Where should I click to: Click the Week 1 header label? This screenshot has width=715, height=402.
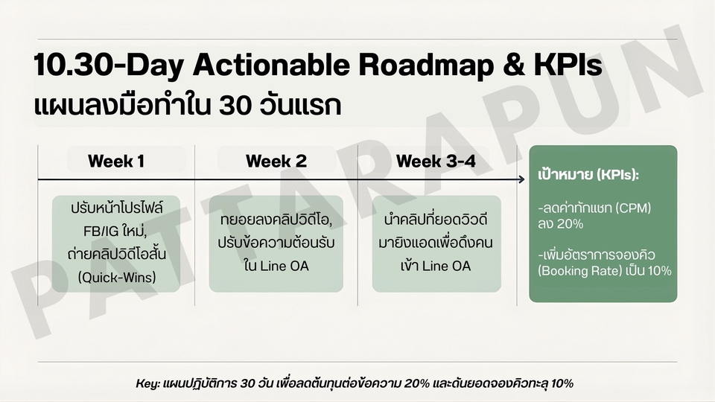point(116,161)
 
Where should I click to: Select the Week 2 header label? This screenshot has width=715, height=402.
point(276,161)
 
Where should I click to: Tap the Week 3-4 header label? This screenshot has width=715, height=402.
point(436,161)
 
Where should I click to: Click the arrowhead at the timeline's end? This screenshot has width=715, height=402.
point(521,179)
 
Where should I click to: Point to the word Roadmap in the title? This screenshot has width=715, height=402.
point(426,66)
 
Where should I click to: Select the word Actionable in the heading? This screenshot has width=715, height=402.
point(271,65)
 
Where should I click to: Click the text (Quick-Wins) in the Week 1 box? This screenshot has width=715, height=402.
point(117,277)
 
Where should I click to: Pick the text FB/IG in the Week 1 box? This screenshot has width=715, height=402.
point(101,232)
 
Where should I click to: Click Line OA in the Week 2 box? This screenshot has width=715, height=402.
point(285,267)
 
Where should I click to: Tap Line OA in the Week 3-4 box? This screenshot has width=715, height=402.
point(446,267)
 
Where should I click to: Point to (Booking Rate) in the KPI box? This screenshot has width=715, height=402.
point(580,271)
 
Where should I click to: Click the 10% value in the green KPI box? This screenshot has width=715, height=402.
point(659,271)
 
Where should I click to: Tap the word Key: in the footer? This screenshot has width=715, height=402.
point(147,384)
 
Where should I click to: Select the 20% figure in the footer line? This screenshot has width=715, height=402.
point(417,383)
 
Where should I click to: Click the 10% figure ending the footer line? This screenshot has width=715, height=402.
point(562,383)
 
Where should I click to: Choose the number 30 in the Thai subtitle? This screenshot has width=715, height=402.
point(235,105)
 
